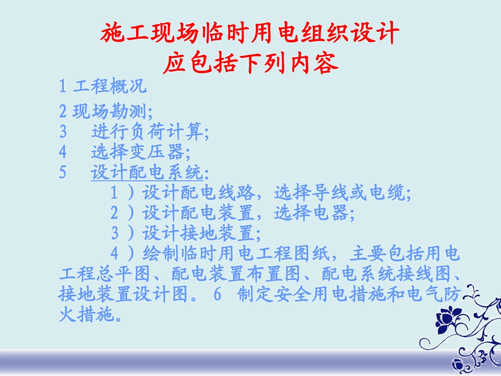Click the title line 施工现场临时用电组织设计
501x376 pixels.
250,33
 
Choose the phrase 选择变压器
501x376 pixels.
139,152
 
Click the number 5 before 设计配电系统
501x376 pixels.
63,172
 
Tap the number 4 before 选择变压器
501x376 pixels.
63,152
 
